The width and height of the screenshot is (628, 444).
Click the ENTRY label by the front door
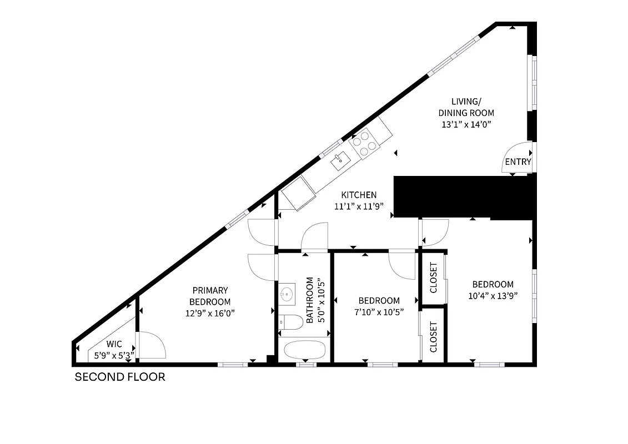click(x=518, y=162)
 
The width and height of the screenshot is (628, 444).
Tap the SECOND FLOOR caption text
click(x=120, y=377)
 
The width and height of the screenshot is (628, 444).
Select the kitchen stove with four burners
click(x=365, y=143)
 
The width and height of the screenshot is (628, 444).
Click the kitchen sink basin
click(x=340, y=162)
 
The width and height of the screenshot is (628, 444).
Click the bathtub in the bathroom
click(x=304, y=350)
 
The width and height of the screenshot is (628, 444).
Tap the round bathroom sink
click(x=288, y=294)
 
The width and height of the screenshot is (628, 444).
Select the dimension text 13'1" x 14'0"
click(x=465, y=125)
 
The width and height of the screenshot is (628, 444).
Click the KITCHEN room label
click(x=359, y=195)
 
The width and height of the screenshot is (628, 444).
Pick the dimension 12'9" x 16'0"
click(x=210, y=313)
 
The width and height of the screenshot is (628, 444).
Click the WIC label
click(x=114, y=344)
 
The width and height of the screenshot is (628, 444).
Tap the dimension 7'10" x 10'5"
click(x=379, y=312)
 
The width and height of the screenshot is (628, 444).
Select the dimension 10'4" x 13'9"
click(x=493, y=296)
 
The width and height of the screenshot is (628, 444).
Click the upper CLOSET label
click(x=434, y=277)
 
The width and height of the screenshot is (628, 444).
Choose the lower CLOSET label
click(x=434, y=337)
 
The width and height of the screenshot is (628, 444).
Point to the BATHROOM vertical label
click(x=310, y=304)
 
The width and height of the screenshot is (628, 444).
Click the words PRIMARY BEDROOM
click(x=210, y=296)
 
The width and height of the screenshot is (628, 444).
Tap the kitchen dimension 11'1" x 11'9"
click(x=359, y=206)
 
